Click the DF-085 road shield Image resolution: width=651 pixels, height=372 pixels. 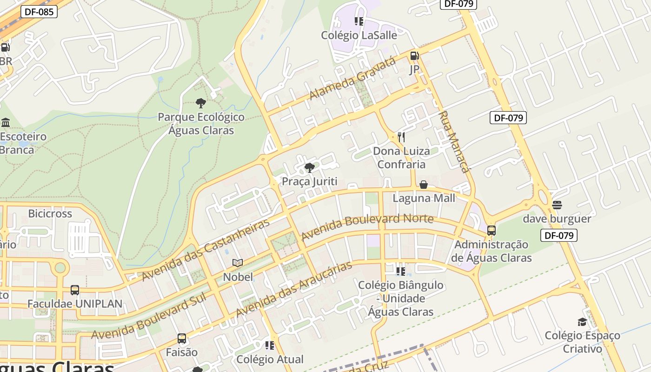click(39, 12)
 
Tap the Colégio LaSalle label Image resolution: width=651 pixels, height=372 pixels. click(359, 35)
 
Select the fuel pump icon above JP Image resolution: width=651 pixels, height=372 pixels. click(414, 56)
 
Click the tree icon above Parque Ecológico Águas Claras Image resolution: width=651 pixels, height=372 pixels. click(201, 103)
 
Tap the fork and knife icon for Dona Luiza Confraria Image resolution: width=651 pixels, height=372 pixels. click(401, 137)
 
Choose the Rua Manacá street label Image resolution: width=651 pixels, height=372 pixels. click(453, 142)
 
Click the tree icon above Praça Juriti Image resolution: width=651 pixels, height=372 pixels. click(309, 168)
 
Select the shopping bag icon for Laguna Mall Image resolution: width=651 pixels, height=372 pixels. click(424, 185)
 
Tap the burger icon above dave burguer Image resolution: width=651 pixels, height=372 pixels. click(557, 205)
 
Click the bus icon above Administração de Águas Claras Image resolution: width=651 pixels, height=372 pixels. click(491, 230)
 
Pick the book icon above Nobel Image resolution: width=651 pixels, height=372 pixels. click(238, 263)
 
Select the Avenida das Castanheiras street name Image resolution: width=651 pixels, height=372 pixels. click(205, 250)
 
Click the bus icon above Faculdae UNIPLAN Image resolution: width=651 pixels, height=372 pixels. click(75, 290)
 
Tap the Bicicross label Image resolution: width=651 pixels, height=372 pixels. click(50, 214)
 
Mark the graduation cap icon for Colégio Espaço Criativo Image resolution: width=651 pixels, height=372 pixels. click(582, 322)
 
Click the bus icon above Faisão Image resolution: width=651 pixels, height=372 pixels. click(182, 339)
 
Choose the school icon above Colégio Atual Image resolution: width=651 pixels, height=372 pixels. click(269, 345)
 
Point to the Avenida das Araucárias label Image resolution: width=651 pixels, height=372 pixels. click(293, 290)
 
